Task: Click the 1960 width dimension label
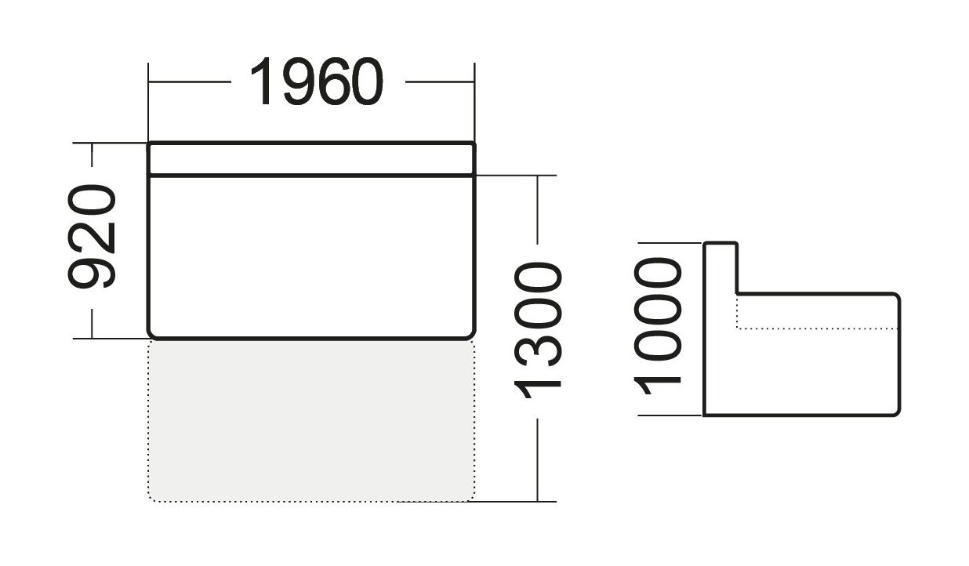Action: point(317,82)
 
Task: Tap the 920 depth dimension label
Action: point(93,236)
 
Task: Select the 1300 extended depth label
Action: point(538,330)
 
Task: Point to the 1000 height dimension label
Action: point(658,326)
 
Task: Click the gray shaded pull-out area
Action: point(311,420)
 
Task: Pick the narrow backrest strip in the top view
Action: point(311,159)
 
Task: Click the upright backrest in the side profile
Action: point(720,268)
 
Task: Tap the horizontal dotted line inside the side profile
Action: point(817,329)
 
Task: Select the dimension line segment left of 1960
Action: point(190,82)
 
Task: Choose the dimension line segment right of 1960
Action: point(440,82)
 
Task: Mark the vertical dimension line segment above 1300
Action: point(538,210)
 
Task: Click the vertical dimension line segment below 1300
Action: point(538,460)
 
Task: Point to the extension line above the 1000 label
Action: point(670,243)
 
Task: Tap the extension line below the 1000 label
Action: point(670,415)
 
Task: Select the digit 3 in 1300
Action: point(538,347)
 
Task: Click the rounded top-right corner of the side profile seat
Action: point(896,297)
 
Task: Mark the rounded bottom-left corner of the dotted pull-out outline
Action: point(152,498)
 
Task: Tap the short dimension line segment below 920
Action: point(92,324)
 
